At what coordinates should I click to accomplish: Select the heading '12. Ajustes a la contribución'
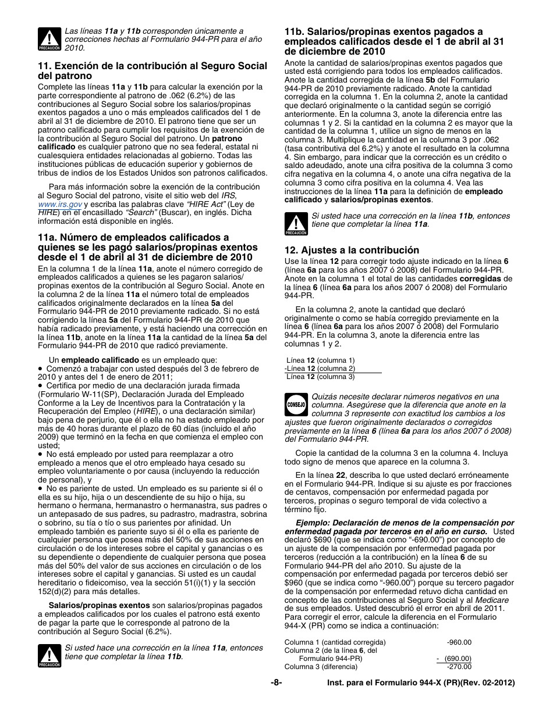pyautogui.click(x=343, y=251)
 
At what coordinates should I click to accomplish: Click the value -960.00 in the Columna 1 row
pyautogui.click(x=459, y=642)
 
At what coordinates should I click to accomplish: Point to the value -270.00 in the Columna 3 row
pyautogui.click(x=459, y=667)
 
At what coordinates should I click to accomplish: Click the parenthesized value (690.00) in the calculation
pyautogui.click(x=458, y=659)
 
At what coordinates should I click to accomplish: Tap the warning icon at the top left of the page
pyautogui.click(x=49, y=39)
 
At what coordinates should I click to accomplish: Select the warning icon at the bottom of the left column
pyautogui.click(x=49, y=656)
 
